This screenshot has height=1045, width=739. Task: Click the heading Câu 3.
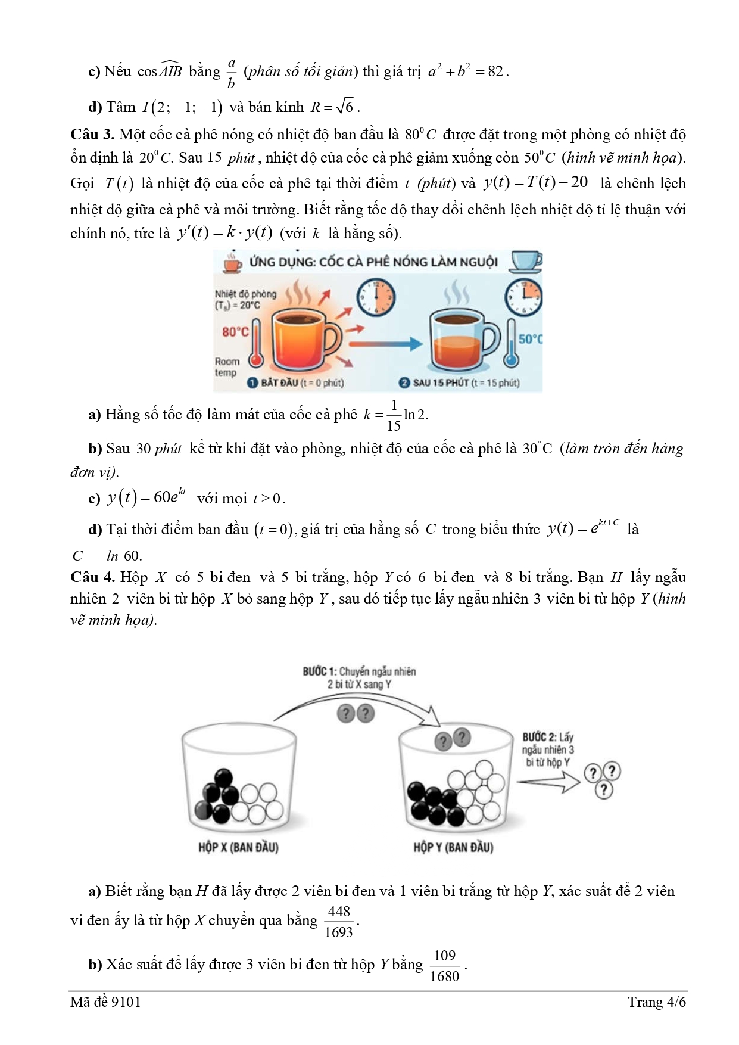click(x=92, y=135)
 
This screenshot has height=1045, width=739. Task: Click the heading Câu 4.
click(x=92, y=577)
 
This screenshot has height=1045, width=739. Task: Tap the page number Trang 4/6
click(x=656, y=1002)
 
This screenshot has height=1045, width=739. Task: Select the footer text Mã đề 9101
click(x=105, y=1002)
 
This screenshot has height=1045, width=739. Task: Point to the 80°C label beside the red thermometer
click(x=235, y=332)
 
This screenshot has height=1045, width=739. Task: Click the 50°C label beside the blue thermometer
click(x=530, y=339)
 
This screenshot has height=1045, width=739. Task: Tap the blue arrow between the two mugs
click(x=386, y=344)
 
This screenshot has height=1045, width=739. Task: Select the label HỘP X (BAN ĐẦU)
click(x=238, y=847)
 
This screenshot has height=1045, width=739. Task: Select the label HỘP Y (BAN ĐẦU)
click(x=453, y=847)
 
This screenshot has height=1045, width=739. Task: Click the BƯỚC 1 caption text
click(x=359, y=678)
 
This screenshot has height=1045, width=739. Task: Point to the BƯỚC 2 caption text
click(x=548, y=749)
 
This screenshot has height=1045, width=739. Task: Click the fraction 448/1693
click(x=339, y=921)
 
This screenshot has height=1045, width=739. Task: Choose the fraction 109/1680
click(x=445, y=966)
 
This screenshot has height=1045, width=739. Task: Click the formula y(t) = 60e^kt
click(x=146, y=497)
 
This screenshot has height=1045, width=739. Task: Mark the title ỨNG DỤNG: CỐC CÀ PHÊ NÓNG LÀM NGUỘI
click(x=373, y=262)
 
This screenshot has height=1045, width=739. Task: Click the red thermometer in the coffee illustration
click(x=257, y=343)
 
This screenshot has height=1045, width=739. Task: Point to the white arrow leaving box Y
click(x=548, y=781)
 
